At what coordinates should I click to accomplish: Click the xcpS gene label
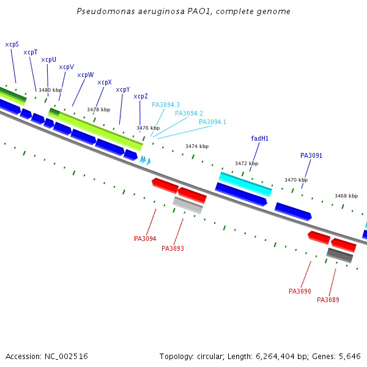(x=12, y=44)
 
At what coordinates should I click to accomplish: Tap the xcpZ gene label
(x=141, y=96)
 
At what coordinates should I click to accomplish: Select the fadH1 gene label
(x=259, y=138)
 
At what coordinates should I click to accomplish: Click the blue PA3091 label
(x=311, y=155)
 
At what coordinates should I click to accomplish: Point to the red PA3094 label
(x=145, y=239)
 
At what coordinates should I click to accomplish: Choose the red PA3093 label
(x=172, y=248)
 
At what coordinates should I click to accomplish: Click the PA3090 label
(x=300, y=291)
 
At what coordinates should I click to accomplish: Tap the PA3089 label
(x=328, y=300)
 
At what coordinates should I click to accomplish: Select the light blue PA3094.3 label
(x=165, y=105)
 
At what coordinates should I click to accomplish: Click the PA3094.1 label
(x=212, y=122)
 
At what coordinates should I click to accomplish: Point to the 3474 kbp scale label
(x=197, y=146)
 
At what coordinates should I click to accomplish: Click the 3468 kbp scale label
(x=346, y=196)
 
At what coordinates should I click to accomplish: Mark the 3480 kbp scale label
(x=50, y=90)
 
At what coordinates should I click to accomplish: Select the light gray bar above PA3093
(x=188, y=205)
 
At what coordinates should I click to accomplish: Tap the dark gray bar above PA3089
(x=339, y=255)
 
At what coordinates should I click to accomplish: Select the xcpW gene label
(x=85, y=75)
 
